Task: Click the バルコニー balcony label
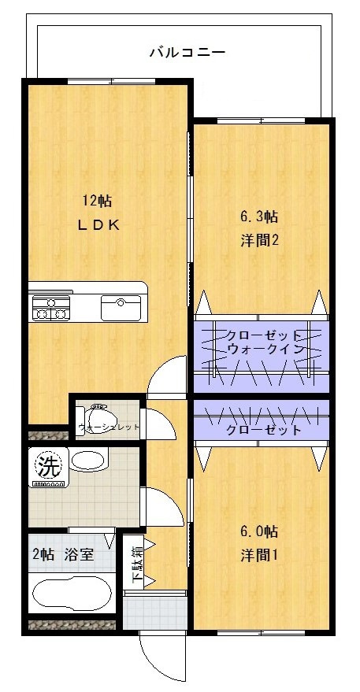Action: (187, 54)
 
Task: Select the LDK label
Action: (98, 225)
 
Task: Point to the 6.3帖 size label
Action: (259, 216)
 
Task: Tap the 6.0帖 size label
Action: (259, 531)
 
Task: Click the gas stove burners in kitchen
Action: (50, 306)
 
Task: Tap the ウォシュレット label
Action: (108, 428)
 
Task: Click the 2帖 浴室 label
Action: (63, 554)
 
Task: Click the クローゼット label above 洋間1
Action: (263, 430)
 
